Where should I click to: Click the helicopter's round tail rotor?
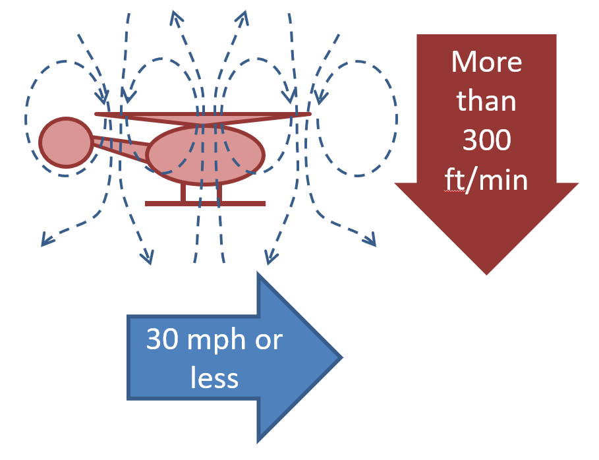point(65,142)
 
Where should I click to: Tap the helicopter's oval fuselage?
point(205,156)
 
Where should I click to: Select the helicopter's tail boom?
point(121,146)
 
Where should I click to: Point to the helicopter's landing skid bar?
point(205,203)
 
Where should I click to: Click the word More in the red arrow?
point(486,63)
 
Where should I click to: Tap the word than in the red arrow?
point(486,101)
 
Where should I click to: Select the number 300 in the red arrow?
point(486,140)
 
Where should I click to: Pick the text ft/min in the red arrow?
point(486,179)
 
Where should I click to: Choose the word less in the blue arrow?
point(214,378)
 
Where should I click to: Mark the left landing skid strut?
point(185,193)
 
